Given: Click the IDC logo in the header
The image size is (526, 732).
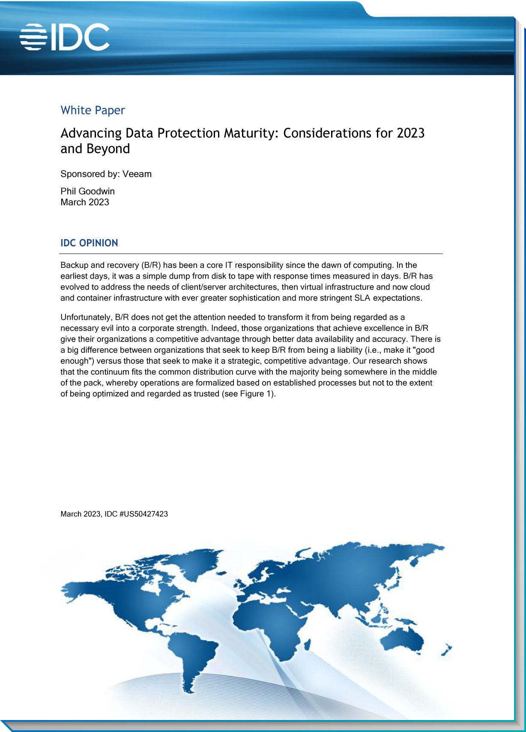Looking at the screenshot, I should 65,37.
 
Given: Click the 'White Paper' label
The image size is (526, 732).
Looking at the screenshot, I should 93,110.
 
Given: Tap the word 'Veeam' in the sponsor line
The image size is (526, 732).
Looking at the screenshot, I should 137,174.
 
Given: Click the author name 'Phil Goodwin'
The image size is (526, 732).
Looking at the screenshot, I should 87,191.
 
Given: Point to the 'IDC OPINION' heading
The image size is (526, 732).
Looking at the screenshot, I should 89,243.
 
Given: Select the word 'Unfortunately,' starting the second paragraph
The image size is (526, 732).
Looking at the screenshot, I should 87,317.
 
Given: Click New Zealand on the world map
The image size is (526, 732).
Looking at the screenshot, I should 446,650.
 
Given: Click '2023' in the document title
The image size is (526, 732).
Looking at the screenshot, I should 410,133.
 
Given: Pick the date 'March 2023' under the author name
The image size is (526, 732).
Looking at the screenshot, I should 85,202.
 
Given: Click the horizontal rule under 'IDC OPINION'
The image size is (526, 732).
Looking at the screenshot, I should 251,254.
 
